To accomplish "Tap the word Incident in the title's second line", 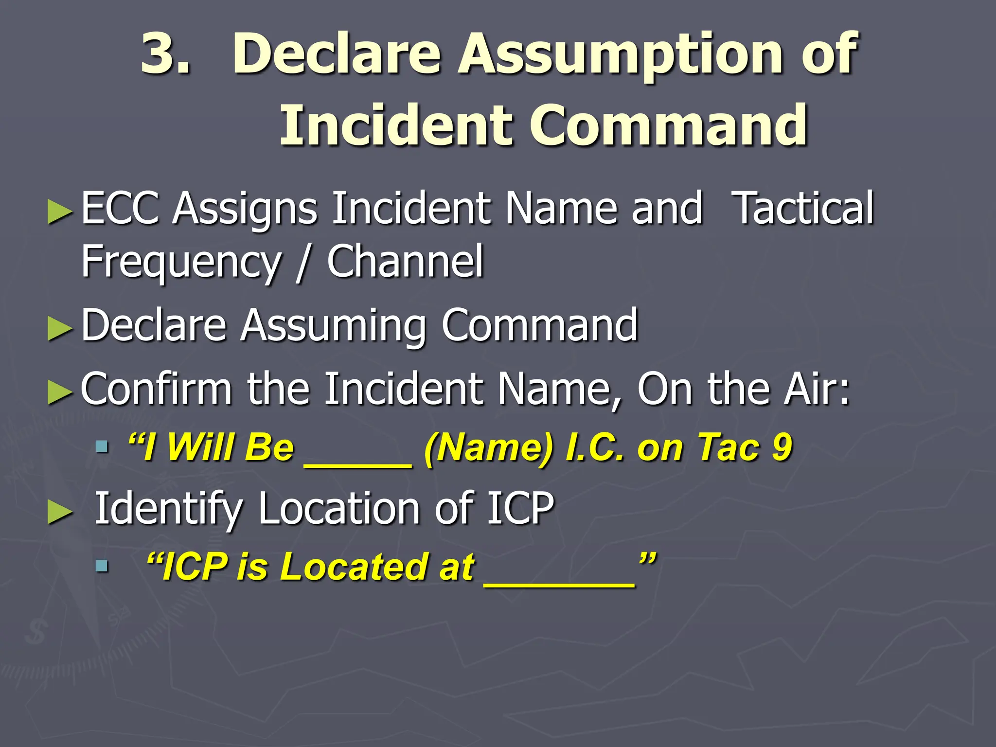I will coord(396,125).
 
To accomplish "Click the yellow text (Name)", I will coord(489,447).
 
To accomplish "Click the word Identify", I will coord(168,509).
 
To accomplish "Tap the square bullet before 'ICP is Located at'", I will coord(102,566).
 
